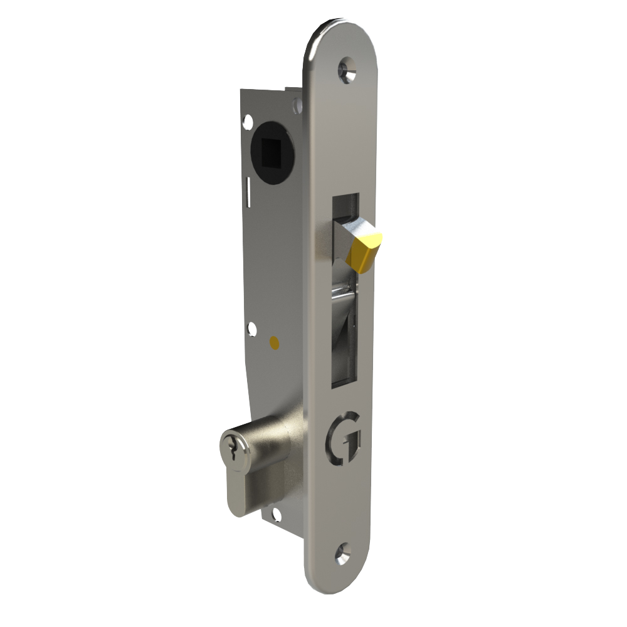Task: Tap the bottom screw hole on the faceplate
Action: (342, 553)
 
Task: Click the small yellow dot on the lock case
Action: (273, 342)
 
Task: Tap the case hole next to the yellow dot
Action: (252, 329)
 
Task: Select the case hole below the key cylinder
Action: (274, 516)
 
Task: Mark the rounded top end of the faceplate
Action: (342, 31)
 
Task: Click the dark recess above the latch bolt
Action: (344, 204)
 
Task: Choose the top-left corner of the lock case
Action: (243, 92)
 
